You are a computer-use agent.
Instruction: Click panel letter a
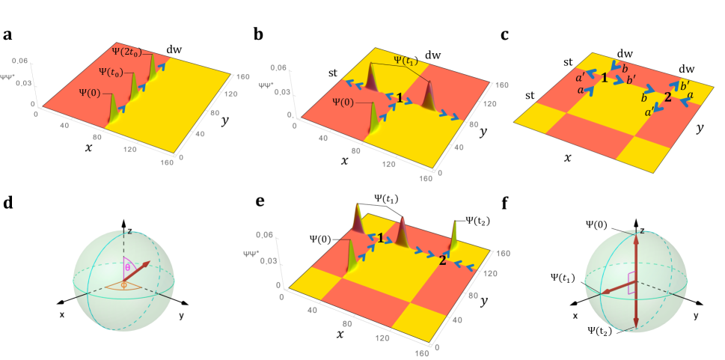point(7,34)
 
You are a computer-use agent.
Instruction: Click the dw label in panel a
point(174,49)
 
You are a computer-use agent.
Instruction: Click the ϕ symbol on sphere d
point(124,284)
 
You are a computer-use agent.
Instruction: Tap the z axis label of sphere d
point(129,232)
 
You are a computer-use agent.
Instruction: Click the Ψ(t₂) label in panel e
point(479,220)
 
